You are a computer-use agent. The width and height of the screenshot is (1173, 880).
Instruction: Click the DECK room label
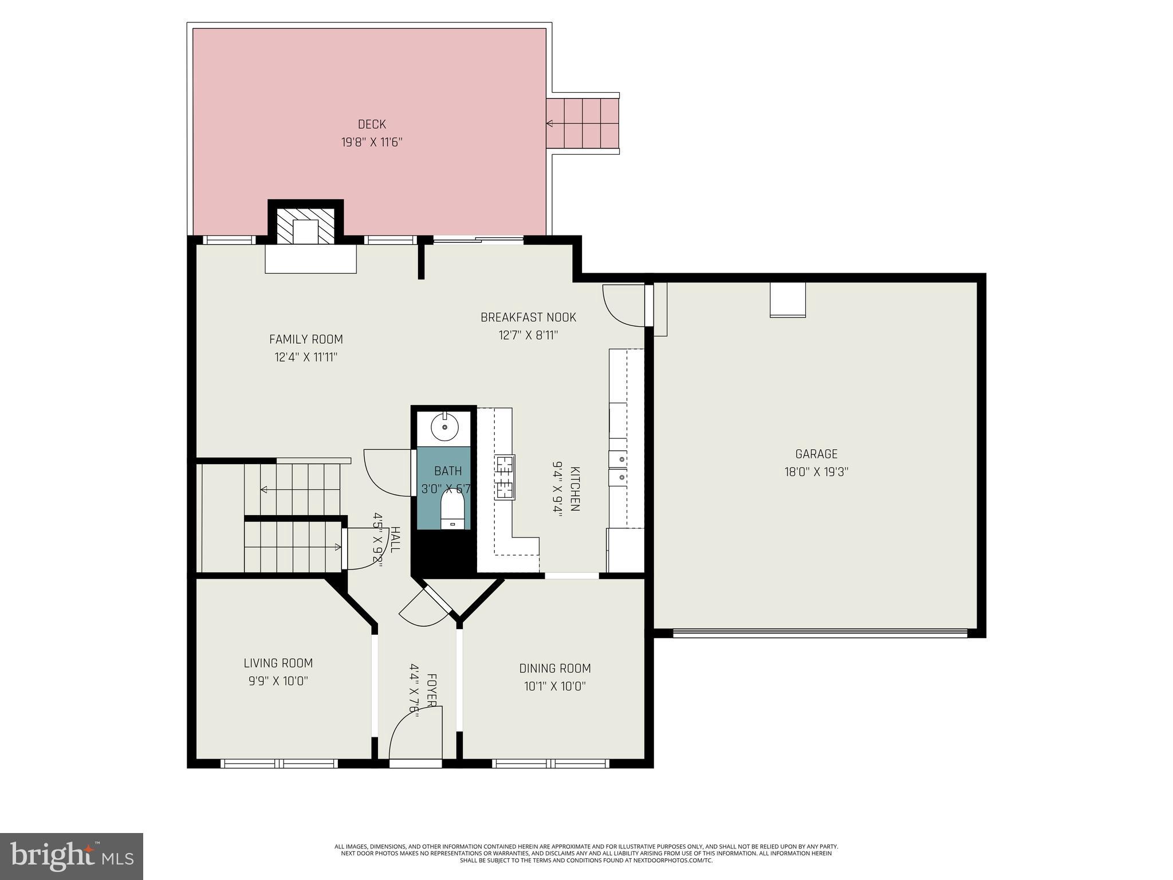pos(372,124)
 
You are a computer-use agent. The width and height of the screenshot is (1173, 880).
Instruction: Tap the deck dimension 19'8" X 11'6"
pos(372,142)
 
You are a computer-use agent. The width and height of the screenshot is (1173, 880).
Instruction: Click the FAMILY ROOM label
pos(306,339)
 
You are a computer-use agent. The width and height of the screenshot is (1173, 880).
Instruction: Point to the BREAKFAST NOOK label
pos(528,317)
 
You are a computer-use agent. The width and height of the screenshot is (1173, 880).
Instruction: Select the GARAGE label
pos(816,454)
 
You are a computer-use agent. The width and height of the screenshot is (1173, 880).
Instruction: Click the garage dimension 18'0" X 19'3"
pos(816,472)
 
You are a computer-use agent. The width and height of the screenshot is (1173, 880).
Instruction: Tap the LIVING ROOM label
pos(278,663)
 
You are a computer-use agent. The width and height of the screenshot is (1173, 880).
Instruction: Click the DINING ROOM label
pos(554,668)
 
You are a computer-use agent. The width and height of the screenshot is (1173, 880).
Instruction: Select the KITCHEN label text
pos(575,488)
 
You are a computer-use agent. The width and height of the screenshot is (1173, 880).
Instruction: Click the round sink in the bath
pos(444,427)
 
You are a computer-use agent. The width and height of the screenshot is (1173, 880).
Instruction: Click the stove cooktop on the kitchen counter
pos(505,477)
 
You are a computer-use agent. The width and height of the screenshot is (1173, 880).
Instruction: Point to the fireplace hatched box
pos(305,225)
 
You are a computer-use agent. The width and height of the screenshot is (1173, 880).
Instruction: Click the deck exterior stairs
pos(582,123)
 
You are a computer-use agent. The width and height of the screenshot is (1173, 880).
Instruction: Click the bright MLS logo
pos(72,856)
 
